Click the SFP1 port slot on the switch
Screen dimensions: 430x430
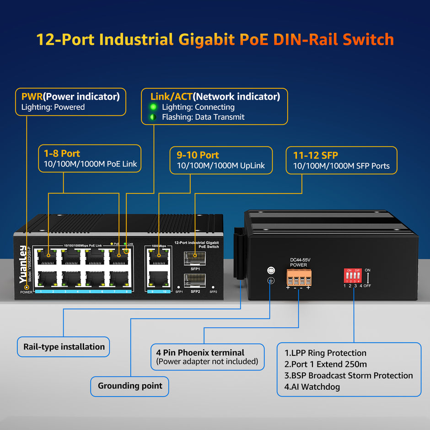(x=195, y=258)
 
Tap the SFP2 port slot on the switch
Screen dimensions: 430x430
(x=195, y=279)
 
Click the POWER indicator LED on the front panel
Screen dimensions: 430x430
(x=26, y=287)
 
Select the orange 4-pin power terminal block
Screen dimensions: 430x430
(x=298, y=277)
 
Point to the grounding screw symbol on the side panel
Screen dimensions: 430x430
(x=270, y=279)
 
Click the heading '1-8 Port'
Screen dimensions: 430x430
(x=62, y=153)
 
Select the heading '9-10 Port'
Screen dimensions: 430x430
(x=198, y=155)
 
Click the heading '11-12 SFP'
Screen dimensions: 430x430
(x=316, y=156)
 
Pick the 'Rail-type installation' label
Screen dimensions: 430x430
(x=64, y=347)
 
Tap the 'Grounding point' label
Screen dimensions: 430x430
(x=130, y=386)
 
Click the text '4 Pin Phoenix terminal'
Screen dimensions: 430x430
(x=200, y=353)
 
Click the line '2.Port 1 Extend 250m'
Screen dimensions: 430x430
(x=325, y=364)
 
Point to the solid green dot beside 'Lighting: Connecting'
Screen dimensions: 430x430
(x=153, y=107)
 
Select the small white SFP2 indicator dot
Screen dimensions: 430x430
(x=213, y=287)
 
